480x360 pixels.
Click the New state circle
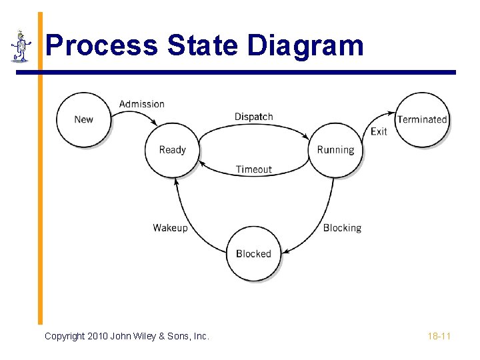pyautogui.click(x=83, y=119)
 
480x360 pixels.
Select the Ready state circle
pyautogui.click(x=172, y=150)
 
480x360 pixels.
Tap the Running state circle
pyautogui.click(x=335, y=150)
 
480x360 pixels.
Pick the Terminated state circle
pyautogui.click(x=422, y=119)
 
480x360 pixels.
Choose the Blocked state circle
pyautogui.click(x=253, y=254)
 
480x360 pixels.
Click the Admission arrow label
pyautogui.click(x=141, y=104)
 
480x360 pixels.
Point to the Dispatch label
pyautogui.click(x=253, y=117)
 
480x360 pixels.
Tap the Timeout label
pyautogui.click(x=253, y=169)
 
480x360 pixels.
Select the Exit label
pyautogui.click(x=379, y=131)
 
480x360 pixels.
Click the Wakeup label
pyautogui.click(x=170, y=228)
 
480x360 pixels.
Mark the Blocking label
pyautogui.click(x=342, y=228)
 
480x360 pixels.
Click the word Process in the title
pyautogui.click(x=102, y=46)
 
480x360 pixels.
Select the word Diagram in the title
pyautogui.click(x=305, y=46)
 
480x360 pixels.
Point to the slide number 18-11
pyautogui.click(x=439, y=336)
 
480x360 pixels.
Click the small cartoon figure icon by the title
pyautogui.click(x=21, y=46)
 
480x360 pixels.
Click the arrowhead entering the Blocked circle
pyautogui.click(x=284, y=253)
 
